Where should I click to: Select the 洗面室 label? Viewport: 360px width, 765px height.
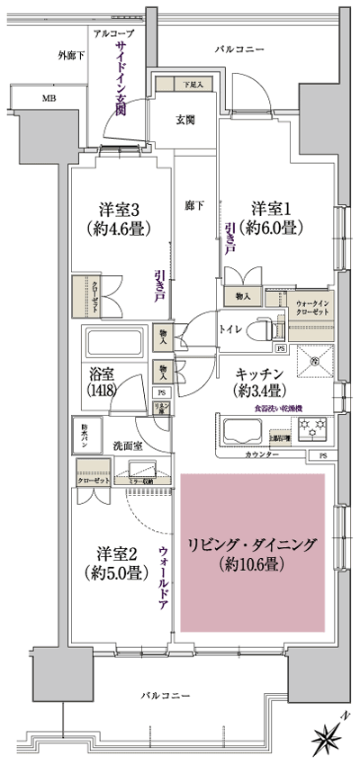click(127, 445)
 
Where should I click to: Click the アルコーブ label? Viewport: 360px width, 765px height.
click(112, 32)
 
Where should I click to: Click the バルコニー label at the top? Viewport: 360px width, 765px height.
click(237, 49)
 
